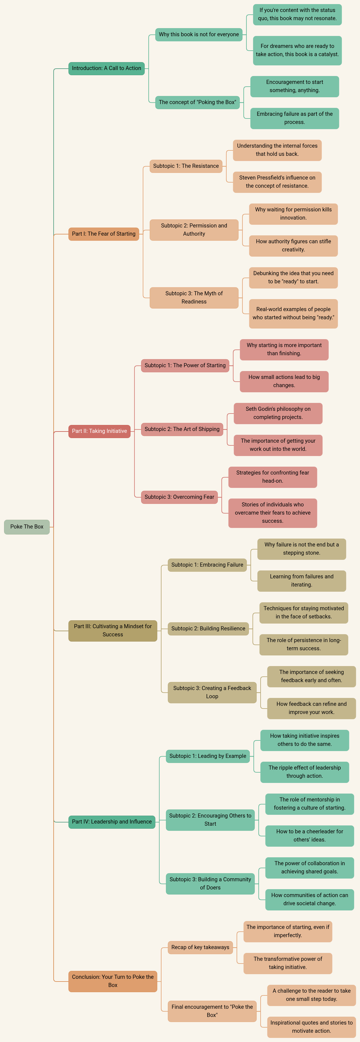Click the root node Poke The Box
click(x=27, y=527)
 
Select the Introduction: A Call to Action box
click(x=106, y=68)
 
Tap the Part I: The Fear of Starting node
click(x=103, y=234)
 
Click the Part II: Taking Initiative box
click(x=99, y=431)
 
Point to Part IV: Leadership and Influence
click(x=112, y=822)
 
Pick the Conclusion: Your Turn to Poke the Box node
click(x=112, y=981)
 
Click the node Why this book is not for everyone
click(x=199, y=34)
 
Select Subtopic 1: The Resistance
click(x=186, y=166)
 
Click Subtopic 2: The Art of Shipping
click(x=182, y=429)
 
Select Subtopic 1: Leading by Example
click(x=208, y=756)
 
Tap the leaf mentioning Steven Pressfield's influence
click(x=277, y=182)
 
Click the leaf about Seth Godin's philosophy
click(x=278, y=413)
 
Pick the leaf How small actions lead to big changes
click(x=284, y=381)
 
